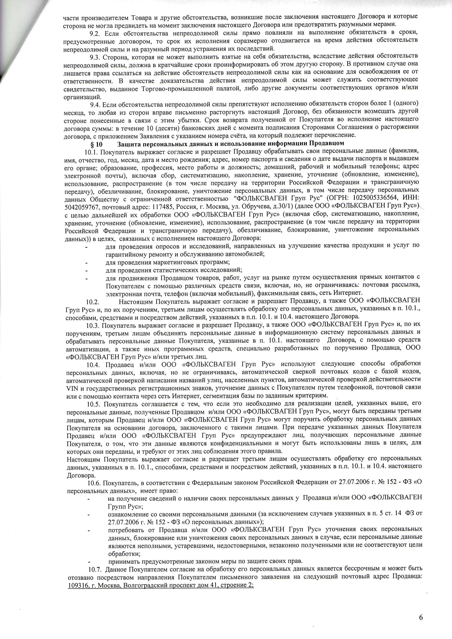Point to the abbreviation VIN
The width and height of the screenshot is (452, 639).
pyautogui.click(x=72, y=387)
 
